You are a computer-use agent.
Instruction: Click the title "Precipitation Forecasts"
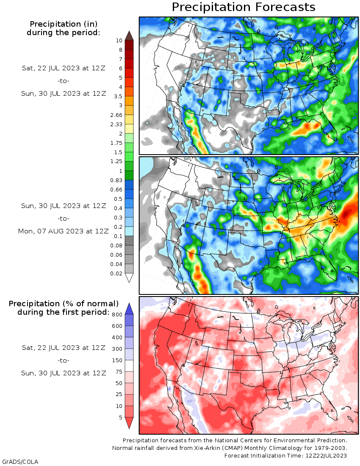pos(244,7)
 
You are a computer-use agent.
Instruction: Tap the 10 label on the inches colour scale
pos(119,40)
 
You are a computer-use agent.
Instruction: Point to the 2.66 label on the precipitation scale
pos(116,115)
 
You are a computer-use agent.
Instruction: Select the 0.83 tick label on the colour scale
pos(116,180)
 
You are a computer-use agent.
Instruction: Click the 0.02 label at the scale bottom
pos(116,273)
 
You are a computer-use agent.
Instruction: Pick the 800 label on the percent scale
pos(117,315)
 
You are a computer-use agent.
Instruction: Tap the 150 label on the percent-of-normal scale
pos(117,360)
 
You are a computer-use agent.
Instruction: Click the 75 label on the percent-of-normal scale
pos(119,372)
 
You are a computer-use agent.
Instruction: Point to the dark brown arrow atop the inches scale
pos(129,36)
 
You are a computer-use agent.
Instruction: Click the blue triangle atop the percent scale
pos(129,310)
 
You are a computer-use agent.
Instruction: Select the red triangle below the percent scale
pos(129,422)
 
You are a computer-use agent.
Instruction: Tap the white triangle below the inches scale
pos(129,277)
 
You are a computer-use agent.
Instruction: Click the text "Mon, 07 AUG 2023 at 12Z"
pos(63,231)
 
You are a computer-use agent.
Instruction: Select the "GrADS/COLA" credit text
pos(20,462)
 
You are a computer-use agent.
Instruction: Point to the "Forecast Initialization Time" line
pos(285,455)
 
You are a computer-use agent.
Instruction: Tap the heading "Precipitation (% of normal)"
pos(64,304)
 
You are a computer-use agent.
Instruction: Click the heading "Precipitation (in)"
pos(64,24)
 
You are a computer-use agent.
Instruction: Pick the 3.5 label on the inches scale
pos(119,96)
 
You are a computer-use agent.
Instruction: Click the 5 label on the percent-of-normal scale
pos(121,418)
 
